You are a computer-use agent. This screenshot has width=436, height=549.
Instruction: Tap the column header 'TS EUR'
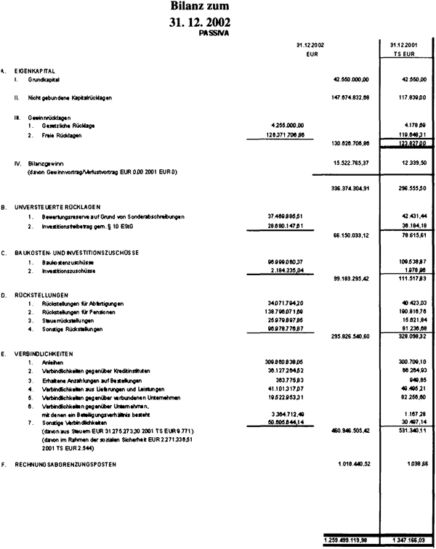click(x=404, y=54)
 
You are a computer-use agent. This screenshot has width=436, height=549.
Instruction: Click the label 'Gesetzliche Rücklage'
click(x=68, y=125)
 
